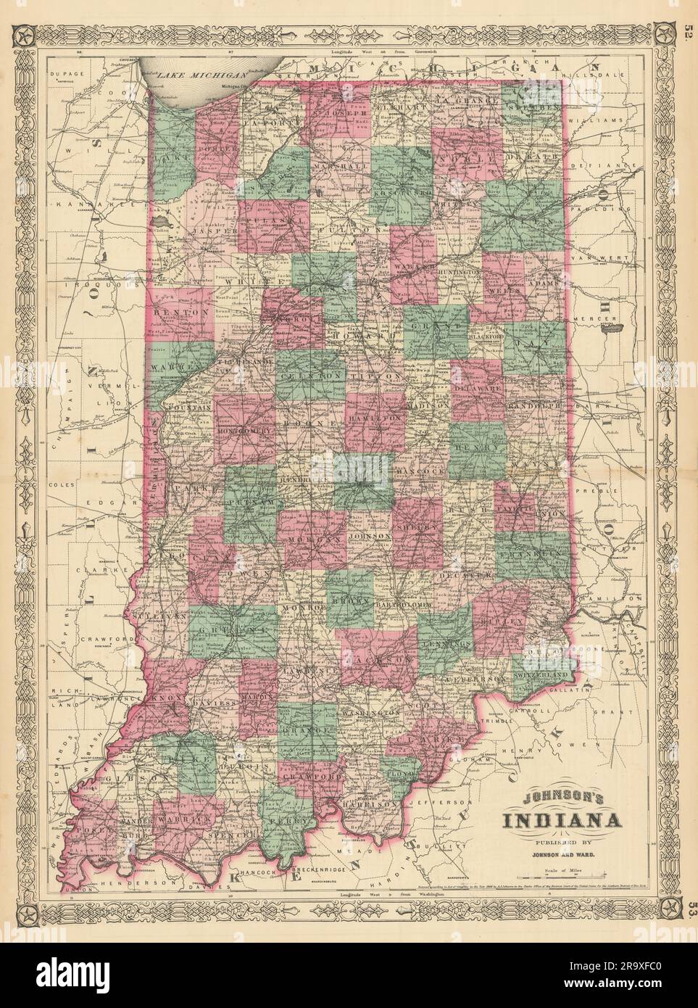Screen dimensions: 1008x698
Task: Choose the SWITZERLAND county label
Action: pos(539,674)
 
